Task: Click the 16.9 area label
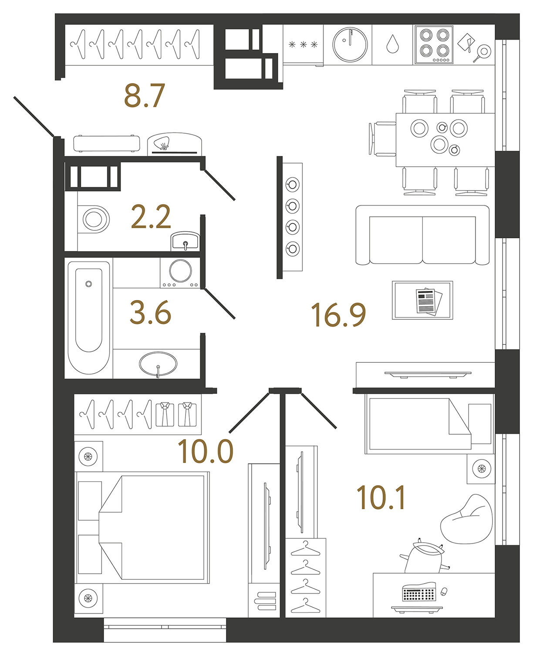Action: point(338,315)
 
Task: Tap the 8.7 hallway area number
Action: point(145,96)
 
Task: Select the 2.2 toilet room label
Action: point(151,217)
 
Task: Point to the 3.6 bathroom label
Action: point(151,313)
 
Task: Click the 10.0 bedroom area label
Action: point(206,451)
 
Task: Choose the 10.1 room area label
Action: point(381,498)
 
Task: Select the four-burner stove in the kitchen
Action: point(434,45)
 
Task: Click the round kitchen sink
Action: point(350,44)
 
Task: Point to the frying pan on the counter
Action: point(483,53)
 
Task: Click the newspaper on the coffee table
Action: point(428,301)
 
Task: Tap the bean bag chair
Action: point(467,520)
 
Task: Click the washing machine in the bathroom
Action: point(180,273)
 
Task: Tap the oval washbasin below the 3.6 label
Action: point(158,364)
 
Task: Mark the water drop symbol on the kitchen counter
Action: point(392,44)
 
